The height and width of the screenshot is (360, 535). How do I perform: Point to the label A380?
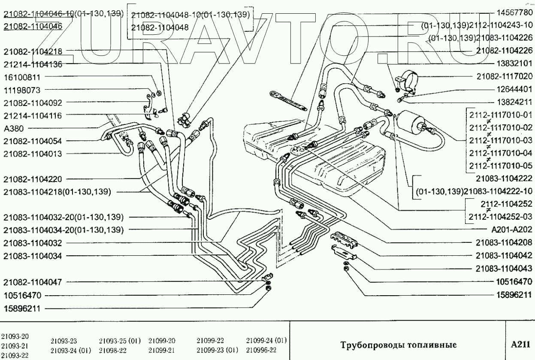click(13, 128)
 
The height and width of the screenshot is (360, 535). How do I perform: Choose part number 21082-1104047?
click(33, 282)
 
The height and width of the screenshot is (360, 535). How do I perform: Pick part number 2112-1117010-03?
click(500, 140)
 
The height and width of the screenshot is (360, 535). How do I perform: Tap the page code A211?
click(520, 345)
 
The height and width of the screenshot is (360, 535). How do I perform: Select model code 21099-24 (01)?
click(266, 341)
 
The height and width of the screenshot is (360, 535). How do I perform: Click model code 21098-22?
click(113, 350)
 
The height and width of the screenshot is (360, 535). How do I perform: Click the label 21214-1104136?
click(33, 64)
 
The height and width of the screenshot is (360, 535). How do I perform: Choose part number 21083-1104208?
click(504, 242)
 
